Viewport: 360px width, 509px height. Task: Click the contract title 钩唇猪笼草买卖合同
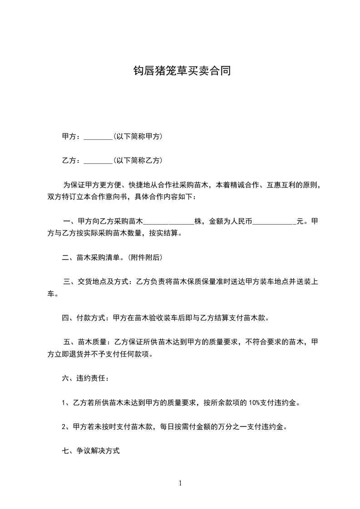(x=180, y=71)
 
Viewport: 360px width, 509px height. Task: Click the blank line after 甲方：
(x=98, y=137)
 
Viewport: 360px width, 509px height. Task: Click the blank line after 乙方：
(x=98, y=161)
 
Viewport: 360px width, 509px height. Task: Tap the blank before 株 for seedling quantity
(x=169, y=222)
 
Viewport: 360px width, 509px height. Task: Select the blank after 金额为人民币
(x=274, y=222)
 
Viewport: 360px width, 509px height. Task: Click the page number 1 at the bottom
(x=180, y=483)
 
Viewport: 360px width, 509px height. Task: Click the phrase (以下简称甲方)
(x=138, y=137)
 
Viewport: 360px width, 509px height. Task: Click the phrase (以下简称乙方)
(x=138, y=161)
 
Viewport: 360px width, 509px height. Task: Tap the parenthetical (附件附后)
(x=145, y=258)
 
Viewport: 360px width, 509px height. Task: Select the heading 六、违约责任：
(x=85, y=378)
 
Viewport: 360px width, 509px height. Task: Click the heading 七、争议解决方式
(x=91, y=451)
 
